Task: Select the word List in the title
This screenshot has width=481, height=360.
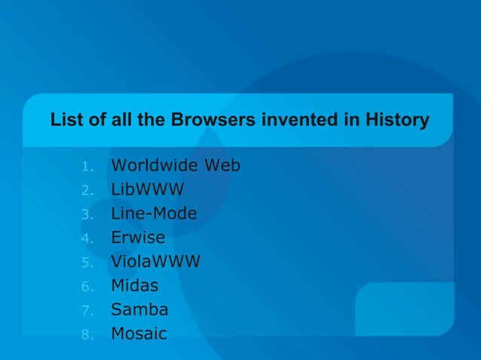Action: tap(64, 121)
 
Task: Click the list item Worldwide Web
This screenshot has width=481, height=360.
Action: tap(176, 165)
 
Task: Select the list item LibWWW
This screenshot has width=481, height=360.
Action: tap(148, 189)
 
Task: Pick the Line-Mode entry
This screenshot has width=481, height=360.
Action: tap(154, 213)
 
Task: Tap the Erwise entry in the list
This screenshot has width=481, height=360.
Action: tap(138, 237)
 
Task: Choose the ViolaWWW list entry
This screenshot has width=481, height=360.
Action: tap(156, 261)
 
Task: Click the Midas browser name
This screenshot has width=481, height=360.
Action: tap(135, 285)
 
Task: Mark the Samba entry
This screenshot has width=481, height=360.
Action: tap(139, 310)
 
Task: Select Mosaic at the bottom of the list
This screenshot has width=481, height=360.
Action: tap(139, 334)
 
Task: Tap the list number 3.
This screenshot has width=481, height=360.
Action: tap(87, 215)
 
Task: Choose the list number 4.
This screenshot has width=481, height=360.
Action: tap(87, 239)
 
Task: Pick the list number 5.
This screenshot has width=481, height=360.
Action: tap(87, 263)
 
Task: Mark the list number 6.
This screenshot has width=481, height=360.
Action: tap(87, 287)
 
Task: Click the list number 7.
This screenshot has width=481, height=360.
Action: tap(87, 311)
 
